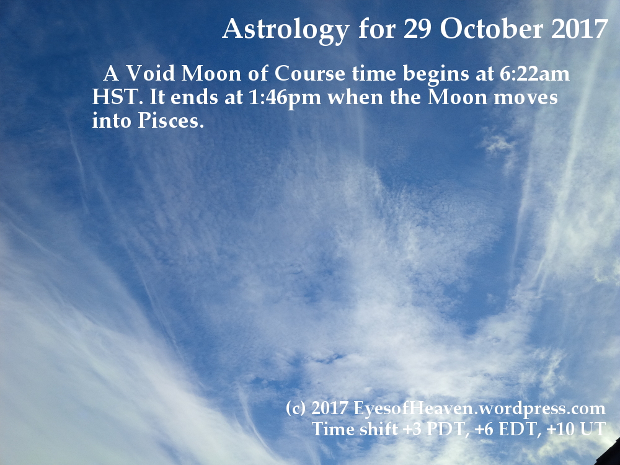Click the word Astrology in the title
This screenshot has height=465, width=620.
coord(285,30)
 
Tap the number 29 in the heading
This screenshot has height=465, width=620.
coord(417,29)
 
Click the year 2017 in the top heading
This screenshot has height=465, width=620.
coord(580,29)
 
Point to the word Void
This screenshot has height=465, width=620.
coord(150,73)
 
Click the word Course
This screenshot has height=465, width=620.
coord(309,74)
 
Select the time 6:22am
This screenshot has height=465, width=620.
coord(534,74)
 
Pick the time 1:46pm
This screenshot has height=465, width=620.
coord(285,97)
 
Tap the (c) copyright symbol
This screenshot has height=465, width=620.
coord(295,408)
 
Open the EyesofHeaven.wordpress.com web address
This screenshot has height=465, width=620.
coord(479,409)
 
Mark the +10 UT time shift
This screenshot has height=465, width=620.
coord(576,429)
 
